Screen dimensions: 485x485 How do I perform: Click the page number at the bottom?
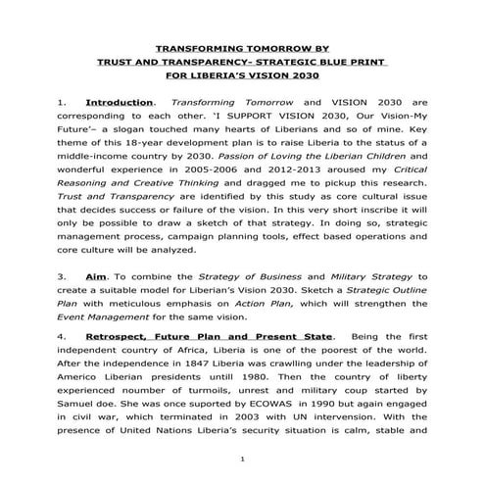click(242, 459)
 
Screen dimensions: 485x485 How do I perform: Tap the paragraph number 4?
click(62, 336)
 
